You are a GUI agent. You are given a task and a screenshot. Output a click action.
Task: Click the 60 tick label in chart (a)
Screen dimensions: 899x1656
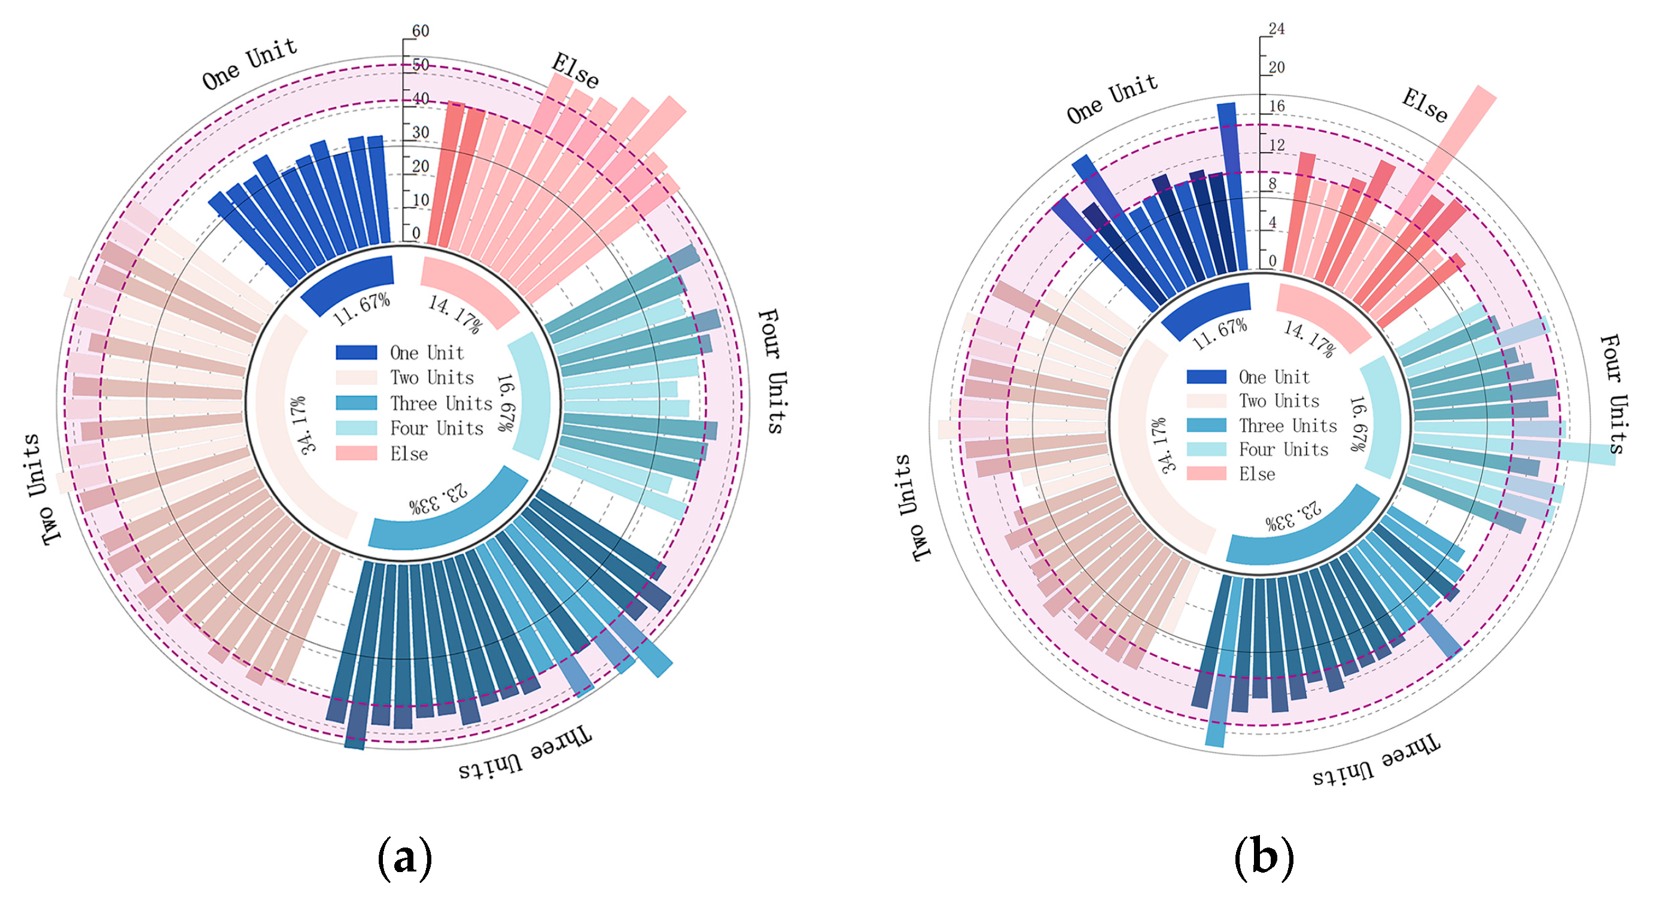[x=421, y=31]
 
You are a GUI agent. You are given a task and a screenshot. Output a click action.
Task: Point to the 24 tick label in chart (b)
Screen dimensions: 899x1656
[x=1276, y=29]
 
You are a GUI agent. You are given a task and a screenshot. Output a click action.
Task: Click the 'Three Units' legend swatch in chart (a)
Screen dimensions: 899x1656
[x=356, y=403]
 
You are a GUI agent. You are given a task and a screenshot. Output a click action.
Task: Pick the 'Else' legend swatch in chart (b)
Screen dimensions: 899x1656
[x=1206, y=474]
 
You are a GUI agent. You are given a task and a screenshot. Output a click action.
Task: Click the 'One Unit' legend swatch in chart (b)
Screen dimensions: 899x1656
[x=1206, y=377]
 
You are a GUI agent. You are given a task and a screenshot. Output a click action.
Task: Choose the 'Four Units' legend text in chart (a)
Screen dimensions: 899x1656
[x=437, y=429]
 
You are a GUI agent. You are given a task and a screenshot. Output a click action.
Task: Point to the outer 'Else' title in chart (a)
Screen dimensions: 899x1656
[x=576, y=70]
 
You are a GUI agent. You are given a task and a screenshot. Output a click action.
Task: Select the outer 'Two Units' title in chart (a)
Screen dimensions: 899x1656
[x=42, y=490]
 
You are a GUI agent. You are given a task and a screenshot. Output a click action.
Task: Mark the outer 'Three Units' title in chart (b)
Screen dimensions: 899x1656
[x=1376, y=759]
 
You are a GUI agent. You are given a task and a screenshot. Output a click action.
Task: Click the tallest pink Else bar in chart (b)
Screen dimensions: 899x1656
[x=1447, y=154]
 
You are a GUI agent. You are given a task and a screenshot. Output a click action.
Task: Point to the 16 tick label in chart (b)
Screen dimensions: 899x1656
[x=1277, y=106]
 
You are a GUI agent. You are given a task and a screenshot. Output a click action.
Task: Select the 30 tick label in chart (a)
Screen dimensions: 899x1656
[x=421, y=132]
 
